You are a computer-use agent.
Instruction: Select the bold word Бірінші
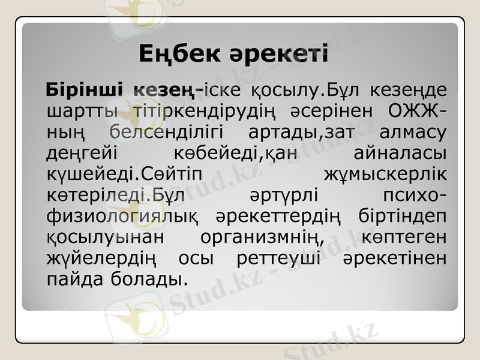(84, 91)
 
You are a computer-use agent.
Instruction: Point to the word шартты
(77, 111)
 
